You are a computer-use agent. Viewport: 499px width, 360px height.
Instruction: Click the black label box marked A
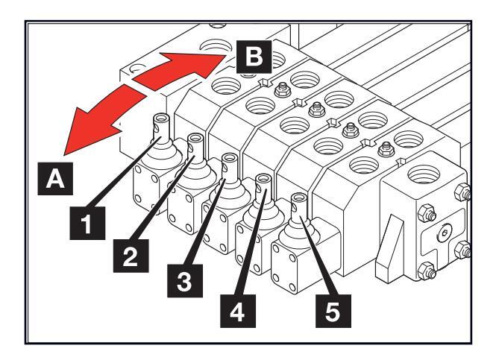point(54,178)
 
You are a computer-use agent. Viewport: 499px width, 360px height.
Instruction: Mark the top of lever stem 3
point(230,157)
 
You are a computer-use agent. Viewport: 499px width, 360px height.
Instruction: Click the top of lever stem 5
point(299,198)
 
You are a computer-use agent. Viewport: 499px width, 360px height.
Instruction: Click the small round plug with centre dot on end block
point(445,233)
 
